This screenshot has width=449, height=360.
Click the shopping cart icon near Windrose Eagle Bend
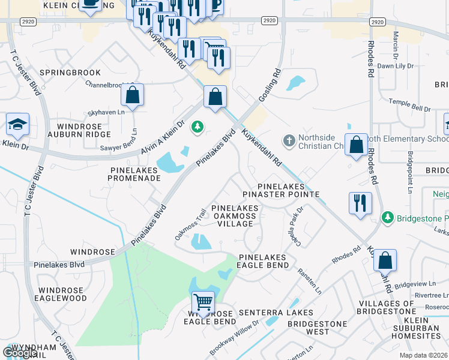[203, 302]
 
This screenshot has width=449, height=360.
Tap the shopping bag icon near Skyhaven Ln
[132, 95]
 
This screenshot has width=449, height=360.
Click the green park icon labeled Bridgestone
[388, 217]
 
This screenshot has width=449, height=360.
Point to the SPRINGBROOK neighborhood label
[70, 73]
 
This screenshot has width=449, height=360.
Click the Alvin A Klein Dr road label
[161, 137]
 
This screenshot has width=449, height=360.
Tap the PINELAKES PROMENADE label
[135, 174]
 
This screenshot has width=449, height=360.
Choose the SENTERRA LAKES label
[276, 313]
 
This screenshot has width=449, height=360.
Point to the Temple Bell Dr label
[409, 104]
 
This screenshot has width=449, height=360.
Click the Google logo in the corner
[20, 353]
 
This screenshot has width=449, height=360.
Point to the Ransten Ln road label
[312, 281]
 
